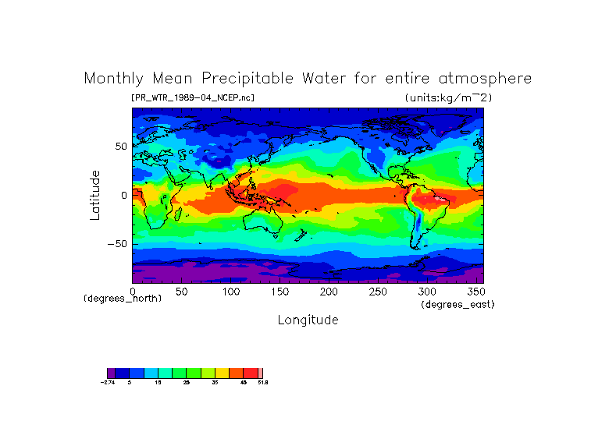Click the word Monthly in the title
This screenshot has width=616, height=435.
(x=113, y=80)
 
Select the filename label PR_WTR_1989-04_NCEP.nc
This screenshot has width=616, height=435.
(x=193, y=97)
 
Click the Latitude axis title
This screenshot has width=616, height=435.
(x=94, y=195)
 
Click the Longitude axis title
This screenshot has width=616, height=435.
(x=308, y=320)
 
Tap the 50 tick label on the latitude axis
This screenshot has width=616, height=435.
(x=120, y=146)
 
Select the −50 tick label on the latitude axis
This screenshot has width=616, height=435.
(x=117, y=244)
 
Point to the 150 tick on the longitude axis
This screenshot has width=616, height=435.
(x=280, y=292)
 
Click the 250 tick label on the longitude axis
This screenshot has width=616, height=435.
(x=377, y=292)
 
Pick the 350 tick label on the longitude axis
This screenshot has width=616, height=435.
(x=475, y=292)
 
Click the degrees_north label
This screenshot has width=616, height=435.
(x=123, y=299)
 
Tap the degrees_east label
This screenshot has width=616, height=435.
(x=458, y=304)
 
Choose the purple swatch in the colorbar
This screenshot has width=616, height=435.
(x=111, y=373)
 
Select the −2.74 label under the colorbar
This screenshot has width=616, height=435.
(x=108, y=383)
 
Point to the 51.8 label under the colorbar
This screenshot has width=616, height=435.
(x=263, y=383)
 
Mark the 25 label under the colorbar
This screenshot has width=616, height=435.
(x=187, y=383)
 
